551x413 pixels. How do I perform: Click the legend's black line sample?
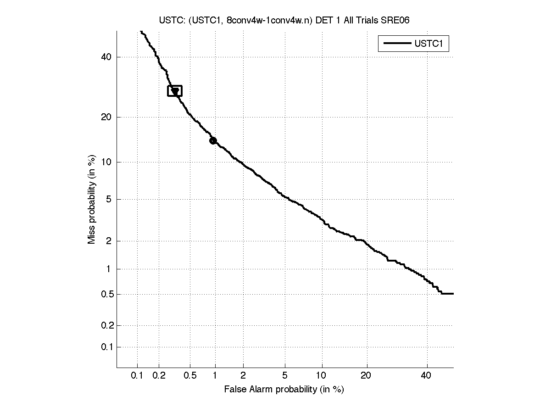coord(396,44)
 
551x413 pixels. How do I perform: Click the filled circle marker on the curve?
coord(213,140)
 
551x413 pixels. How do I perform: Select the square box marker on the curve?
coord(175,91)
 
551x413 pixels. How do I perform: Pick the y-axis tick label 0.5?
coord(106,294)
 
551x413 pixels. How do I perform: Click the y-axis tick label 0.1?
coord(106,347)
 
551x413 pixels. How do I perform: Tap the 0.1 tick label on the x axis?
coord(137,376)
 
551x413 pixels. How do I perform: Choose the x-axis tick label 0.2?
coord(159,376)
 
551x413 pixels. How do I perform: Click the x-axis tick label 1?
coord(215,376)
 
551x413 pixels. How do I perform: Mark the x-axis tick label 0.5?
coord(190,376)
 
